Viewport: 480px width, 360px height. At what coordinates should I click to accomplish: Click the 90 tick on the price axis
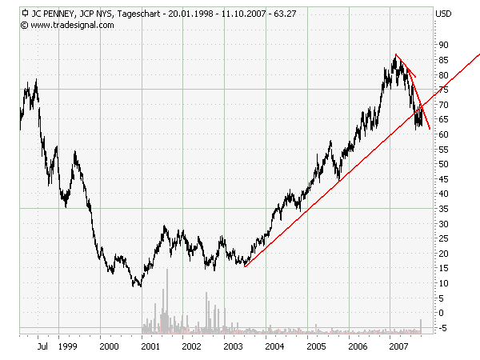click(x=442, y=45)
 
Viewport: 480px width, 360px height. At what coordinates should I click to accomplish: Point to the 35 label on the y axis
click(x=442, y=209)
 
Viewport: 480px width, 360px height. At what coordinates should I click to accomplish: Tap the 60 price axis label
click(x=442, y=134)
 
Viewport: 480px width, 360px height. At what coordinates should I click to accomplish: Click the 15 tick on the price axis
click(x=442, y=269)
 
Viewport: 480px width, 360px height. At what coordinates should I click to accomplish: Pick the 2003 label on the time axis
click(x=233, y=346)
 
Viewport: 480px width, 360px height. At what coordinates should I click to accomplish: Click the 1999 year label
click(x=67, y=346)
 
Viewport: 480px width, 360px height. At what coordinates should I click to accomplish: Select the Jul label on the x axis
click(x=42, y=346)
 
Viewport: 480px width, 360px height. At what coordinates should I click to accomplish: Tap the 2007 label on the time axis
click(x=398, y=346)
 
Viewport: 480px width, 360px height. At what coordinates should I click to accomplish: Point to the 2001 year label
click(x=150, y=346)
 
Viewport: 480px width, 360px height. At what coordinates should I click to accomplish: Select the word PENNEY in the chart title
click(x=61, y=14)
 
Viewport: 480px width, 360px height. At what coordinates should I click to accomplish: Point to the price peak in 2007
click(x=395, y=54)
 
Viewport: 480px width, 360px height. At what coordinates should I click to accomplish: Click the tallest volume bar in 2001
click(x=167, y=270)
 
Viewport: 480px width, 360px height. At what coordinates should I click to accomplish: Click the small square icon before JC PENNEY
click(x=25, y=14)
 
